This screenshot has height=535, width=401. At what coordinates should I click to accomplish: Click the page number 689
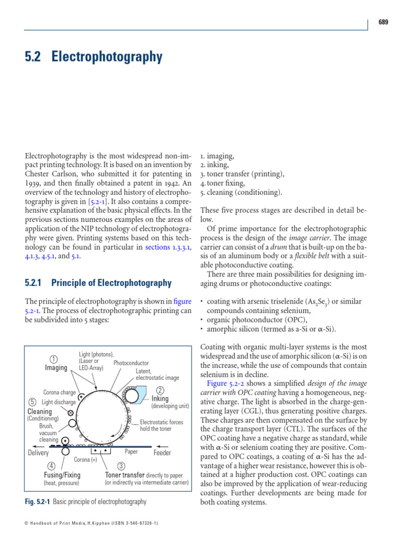point(383,22)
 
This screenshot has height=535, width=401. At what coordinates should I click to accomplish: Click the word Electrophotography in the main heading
point(107,57)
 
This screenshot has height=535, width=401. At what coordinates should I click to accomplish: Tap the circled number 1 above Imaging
point(53,359)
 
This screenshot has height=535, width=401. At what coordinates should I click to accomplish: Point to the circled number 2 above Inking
point(160,390)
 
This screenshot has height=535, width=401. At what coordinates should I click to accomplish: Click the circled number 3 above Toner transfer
point(121,466)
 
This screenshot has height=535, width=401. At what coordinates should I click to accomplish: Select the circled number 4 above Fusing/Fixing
point(51,466)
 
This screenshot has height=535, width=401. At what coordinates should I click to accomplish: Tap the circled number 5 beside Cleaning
point(32,402)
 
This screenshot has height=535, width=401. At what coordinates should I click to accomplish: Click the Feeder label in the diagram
point(162,452)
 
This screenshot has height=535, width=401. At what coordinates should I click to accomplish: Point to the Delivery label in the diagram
point(38,452)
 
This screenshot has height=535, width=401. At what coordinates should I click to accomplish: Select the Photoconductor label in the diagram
point(131,363)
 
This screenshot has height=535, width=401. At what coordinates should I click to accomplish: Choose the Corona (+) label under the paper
point(86,460)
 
